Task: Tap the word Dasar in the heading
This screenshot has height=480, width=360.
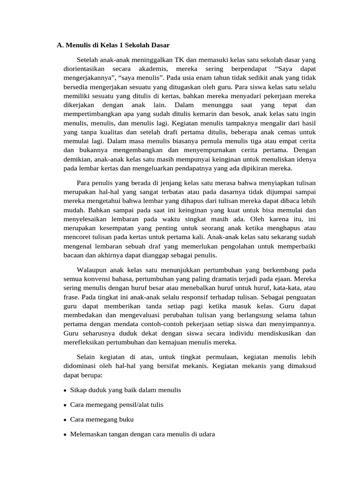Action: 158,45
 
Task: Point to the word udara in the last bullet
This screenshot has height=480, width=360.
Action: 206,434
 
